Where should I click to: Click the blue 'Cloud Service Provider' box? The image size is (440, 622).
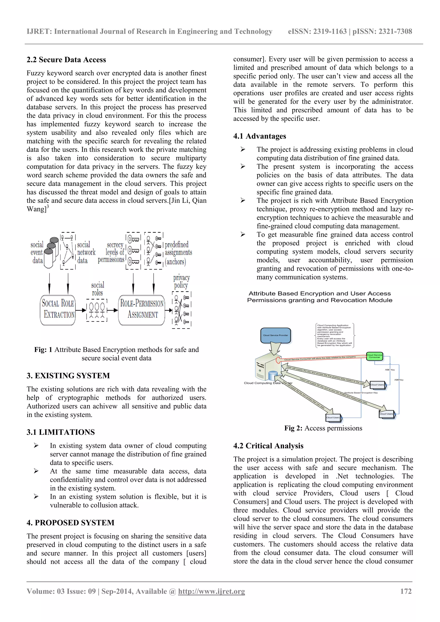(276, 335)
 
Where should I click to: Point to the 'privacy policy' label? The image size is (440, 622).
(181, 281)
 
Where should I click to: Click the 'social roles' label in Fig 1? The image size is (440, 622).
(98, 289)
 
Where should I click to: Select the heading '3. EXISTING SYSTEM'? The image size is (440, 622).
(68, 376)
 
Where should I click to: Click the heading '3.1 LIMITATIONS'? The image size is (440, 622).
(61, 432)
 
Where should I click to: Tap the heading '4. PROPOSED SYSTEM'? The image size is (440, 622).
(70, 523)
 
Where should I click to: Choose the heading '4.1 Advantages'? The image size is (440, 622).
(260, 136)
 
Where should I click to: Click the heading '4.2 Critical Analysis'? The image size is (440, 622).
(268, 446)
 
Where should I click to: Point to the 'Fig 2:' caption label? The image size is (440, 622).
(293, 428)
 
